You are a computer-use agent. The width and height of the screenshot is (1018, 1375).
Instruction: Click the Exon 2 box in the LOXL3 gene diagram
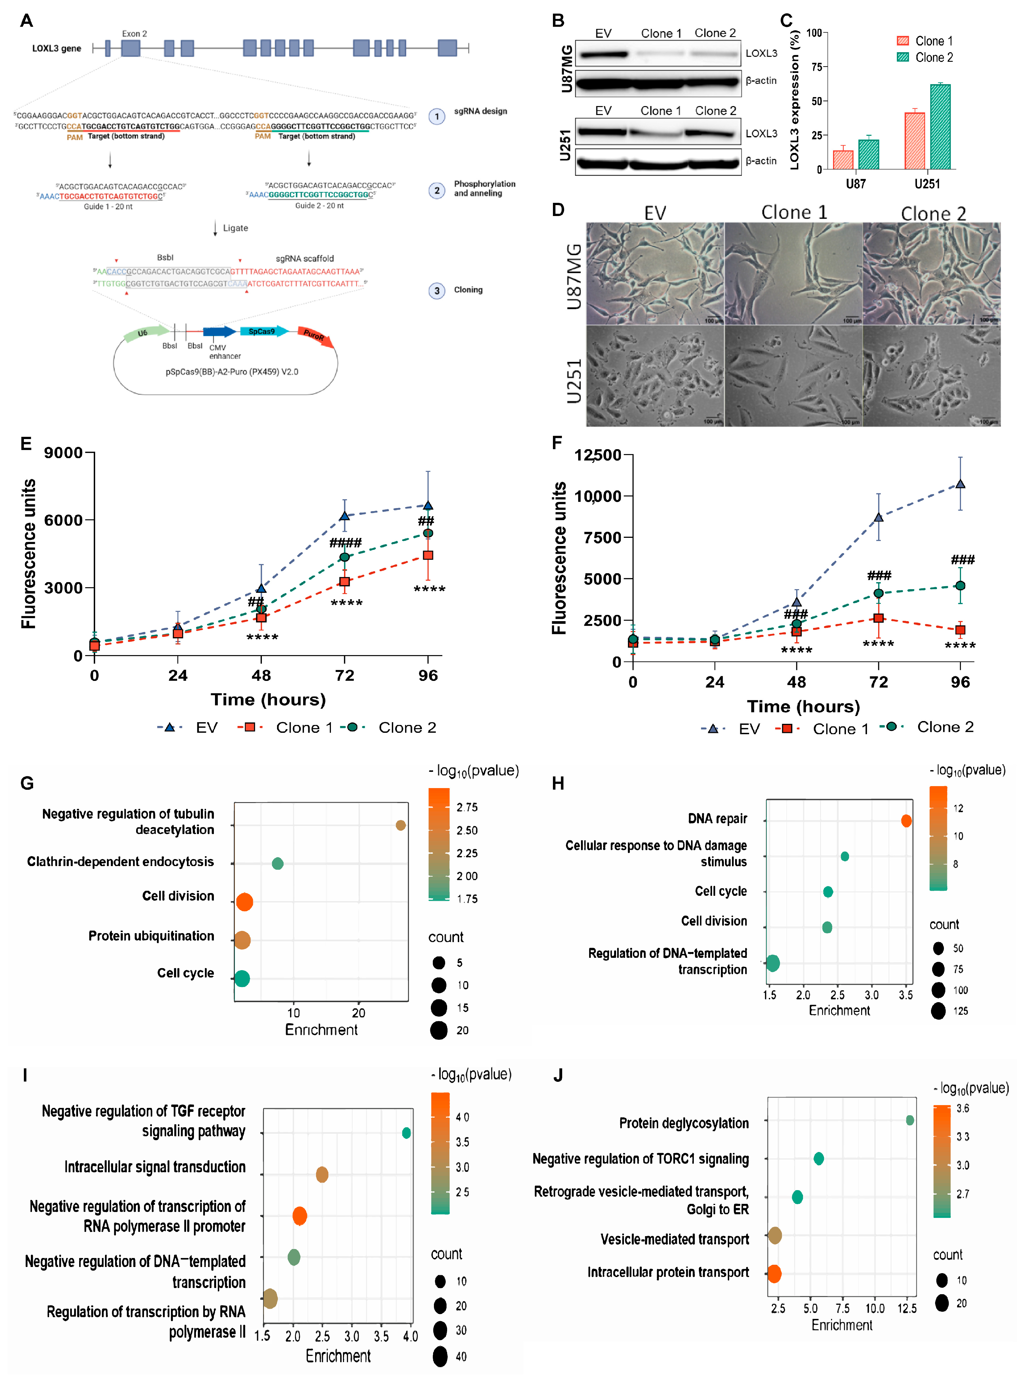pyautogui.click(x=131, y=48)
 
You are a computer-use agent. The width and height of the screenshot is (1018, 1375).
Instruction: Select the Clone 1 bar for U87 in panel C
pyautogui.click(x=843, y=160)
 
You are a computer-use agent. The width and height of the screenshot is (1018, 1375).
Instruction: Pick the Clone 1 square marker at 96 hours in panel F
pyautogui.click(x=960, y=630)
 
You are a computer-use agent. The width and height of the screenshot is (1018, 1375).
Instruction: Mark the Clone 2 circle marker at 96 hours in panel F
pyautogui.click(x=960, y=586)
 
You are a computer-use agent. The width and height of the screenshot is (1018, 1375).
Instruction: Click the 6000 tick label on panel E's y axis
pyautogui.click(x=63, y=520)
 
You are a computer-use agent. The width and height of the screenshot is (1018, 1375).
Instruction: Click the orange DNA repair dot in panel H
pyautogui.click(x=906, y=821)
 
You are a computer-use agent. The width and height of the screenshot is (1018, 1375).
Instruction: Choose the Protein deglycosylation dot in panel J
pyautogui.click(x=910, y=1120)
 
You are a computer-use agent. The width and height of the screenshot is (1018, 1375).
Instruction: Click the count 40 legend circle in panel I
pyautogui.click(x=440, y=1356)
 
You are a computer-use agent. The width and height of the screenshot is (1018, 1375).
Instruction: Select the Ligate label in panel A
pyautogui.click(x=235, y=228)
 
